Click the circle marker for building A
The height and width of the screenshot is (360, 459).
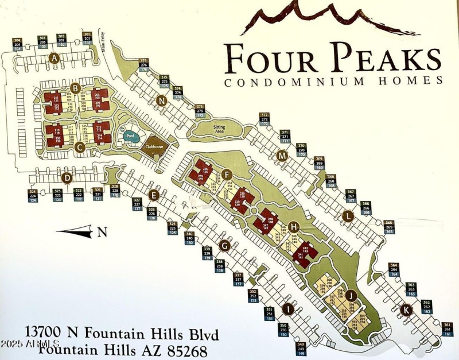[x=55, y=57]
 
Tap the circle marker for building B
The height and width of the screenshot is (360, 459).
[x=75, y=88]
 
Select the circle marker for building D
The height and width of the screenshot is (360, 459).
[x=67, y=178]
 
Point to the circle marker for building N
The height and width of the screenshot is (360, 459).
[x=162, y=101]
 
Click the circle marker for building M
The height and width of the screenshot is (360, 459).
[x=282, y=156]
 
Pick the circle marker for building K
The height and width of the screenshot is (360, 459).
[x=406, y=309]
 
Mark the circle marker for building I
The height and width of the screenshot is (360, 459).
[x=288, y=309]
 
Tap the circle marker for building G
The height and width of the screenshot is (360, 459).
[x=225, y=246]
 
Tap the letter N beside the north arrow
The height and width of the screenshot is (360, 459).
[x=102, y=232]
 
